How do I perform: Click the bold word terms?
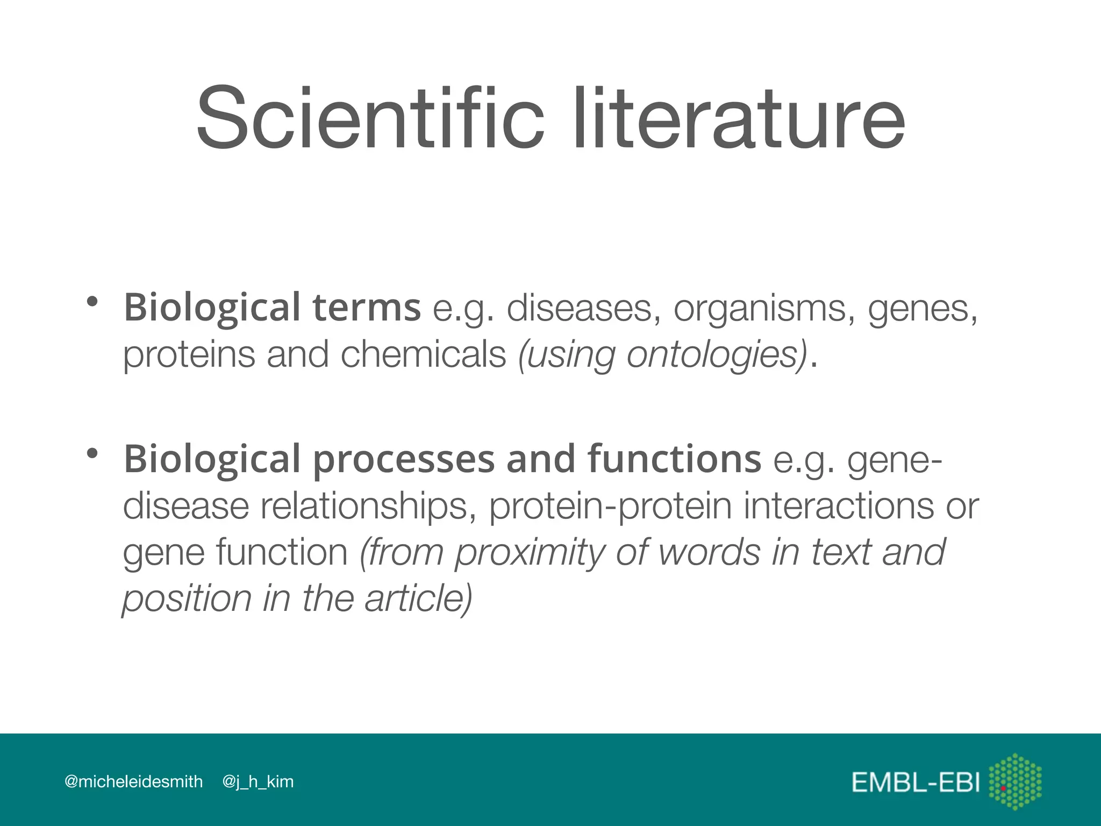[366, 308]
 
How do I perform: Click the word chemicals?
[423, 355]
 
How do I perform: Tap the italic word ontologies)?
[717, 355]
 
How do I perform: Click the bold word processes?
[403, 460]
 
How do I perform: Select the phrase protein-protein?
[610, 506]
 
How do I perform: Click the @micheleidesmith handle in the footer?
[133, 781]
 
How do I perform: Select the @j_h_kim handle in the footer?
[258, 782]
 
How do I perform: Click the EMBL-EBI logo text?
[916, 783]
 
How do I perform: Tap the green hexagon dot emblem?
[1015, 781]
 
